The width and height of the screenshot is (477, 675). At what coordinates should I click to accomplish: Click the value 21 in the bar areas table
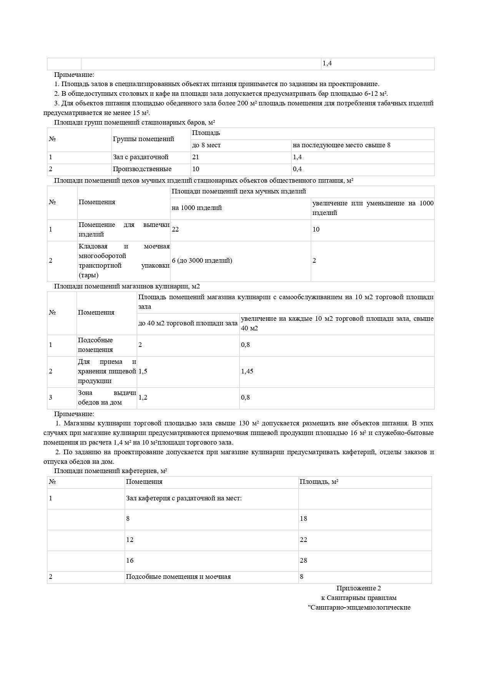point(196,157)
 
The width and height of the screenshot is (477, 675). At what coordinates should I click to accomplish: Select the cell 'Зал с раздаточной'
point(141,157)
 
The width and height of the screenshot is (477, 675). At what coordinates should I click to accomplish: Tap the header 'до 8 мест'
point(206,145)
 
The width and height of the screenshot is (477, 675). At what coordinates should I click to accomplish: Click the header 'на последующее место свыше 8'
point(341,145)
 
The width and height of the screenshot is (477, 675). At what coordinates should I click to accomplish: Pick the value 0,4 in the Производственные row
point(298,169)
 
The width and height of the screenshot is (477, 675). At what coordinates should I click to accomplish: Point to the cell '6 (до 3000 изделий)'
point(202,261)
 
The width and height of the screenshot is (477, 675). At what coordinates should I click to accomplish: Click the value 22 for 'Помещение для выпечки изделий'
point(175,230)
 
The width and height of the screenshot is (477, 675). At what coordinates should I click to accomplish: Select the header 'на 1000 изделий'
point(197,208)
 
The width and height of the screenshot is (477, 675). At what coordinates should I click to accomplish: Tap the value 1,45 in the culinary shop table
point(247,372)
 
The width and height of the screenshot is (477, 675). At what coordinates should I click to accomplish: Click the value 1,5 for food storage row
point(143,372)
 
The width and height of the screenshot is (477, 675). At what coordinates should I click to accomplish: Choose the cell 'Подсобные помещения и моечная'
point(178,577)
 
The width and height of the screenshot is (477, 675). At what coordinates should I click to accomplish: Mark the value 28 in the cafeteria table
point(304,561)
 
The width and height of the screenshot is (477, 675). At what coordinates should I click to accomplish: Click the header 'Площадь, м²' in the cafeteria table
point(319,482)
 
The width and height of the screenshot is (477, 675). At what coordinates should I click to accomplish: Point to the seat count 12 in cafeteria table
point(130,540)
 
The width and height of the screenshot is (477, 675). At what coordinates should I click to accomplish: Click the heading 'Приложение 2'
point(359,588)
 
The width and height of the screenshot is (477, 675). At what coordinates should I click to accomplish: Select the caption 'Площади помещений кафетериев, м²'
point(110,471)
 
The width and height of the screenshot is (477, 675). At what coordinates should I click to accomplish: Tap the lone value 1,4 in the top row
point(327,63)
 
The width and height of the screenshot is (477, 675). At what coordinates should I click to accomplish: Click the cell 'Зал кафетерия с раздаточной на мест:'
point(184,498)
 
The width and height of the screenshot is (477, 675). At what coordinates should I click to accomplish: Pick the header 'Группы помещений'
point(143,139)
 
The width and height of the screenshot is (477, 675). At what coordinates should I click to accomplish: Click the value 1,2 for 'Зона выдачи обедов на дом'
point(143,398)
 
